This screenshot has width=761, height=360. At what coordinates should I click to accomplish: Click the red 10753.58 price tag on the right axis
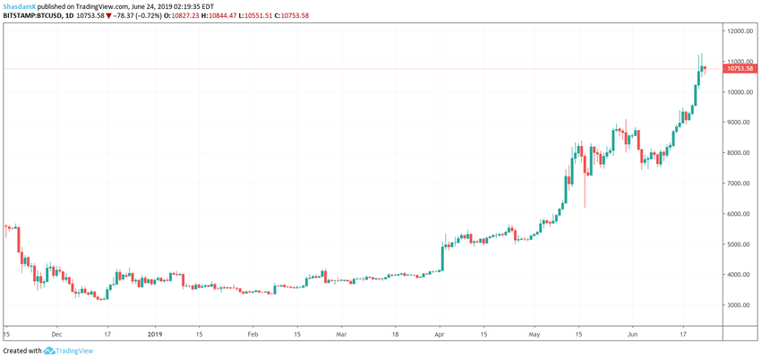[740, 69]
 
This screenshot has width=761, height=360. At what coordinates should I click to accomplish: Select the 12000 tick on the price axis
[739, 31]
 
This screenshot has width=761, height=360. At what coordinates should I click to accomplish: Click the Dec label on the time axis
[56, 332]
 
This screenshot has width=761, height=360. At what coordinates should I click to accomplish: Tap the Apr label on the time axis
[440, 332]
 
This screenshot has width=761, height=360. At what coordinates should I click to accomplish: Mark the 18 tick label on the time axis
[395, 332]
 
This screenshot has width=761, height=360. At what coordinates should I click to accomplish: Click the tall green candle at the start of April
[442, 258]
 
